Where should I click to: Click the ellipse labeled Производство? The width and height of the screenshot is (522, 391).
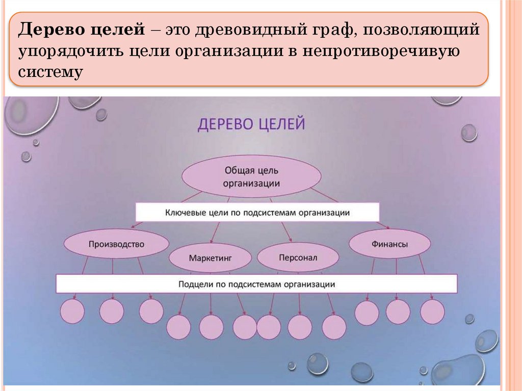point(116,244)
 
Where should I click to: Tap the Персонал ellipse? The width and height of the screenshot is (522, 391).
point(298,258)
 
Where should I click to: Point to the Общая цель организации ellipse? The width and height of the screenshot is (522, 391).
point(251,176)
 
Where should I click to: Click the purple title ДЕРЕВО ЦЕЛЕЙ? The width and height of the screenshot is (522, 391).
point(251,124)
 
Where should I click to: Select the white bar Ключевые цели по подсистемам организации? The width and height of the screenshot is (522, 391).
point(257,213)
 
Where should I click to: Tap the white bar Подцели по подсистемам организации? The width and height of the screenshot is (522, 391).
point(256,284)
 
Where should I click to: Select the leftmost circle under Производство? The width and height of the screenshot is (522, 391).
point(72,311)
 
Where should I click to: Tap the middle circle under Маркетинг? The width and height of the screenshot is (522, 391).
point(211,327)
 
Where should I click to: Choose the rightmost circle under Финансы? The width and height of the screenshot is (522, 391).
point(432,312)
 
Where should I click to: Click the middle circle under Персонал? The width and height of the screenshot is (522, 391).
point(300,327)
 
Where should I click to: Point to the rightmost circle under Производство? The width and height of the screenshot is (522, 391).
point(151,311)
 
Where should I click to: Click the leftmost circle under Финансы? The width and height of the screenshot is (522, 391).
point(367,313)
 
